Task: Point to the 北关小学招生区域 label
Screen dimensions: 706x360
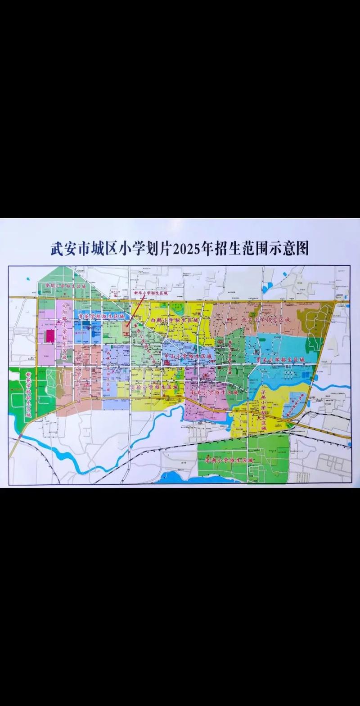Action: point(265,319)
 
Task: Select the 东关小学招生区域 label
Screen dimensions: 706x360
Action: point(280,360)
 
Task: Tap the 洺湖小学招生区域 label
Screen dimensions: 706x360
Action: point(229,461)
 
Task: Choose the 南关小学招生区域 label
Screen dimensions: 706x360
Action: point(214,392)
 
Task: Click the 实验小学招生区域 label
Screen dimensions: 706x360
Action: point(154,387)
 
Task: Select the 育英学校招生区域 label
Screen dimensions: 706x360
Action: point(102,317)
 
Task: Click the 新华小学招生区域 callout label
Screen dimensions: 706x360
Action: point(150,293)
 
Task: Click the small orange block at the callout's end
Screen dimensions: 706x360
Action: point(127,325)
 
